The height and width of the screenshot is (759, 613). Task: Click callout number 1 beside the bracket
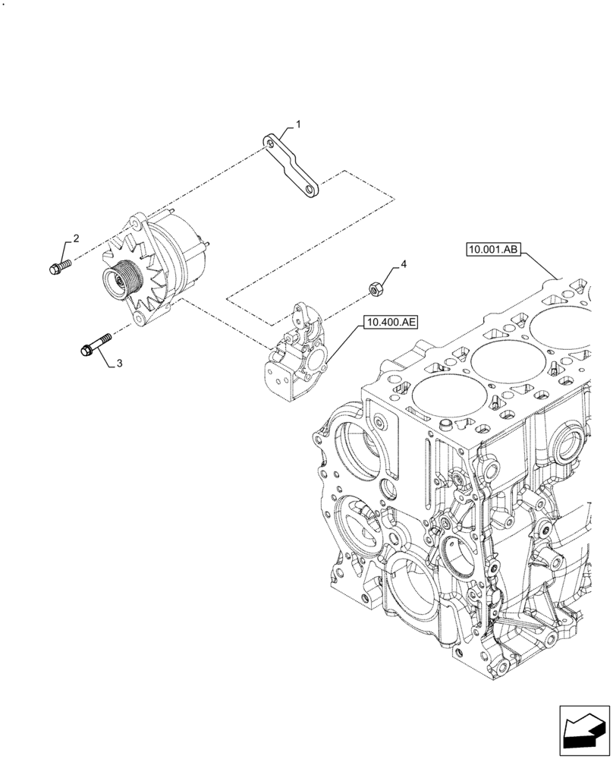[x=299, y=123]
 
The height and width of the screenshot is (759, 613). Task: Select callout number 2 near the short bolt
[x=77, y=238]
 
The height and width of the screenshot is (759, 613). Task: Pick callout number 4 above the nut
[x=404, y=264]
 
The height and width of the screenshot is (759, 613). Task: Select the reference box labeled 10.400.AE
[x=391, y=323]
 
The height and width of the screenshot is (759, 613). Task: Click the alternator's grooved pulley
[x=118, y=279]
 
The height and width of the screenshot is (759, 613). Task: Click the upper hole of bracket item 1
[x=270, y=142]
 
